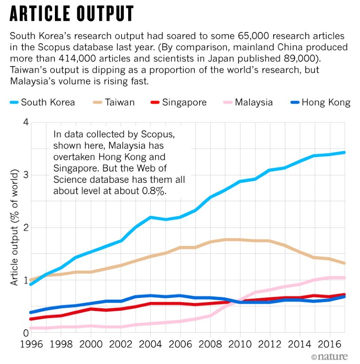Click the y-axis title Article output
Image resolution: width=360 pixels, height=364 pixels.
(x=15, y=228)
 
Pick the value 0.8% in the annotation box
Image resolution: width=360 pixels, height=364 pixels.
(x=152, y=191)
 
